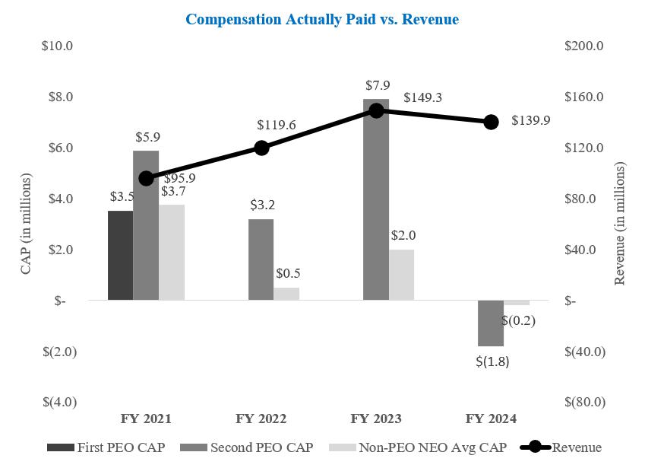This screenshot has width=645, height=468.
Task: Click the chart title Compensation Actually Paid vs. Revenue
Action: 322,20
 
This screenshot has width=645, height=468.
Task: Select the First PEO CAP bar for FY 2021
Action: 120,255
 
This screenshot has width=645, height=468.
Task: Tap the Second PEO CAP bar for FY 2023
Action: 376,199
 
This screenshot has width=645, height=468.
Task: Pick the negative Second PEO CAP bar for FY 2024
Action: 491,323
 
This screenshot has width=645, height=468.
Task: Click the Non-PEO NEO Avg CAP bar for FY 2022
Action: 286,294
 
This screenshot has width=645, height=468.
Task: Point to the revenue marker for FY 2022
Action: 261,148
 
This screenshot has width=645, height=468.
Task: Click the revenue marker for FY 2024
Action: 492,122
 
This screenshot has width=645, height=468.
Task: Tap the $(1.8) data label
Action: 492,362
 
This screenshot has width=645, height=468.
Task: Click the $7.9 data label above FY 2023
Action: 376,86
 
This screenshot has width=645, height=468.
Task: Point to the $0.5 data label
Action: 287,273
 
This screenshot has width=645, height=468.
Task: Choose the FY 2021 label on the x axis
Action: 146,419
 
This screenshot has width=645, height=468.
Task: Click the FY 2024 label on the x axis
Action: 491,419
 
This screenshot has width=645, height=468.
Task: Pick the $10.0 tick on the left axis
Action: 57,46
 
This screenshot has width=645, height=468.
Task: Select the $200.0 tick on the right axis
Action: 585,46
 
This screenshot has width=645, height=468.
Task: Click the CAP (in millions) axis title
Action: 27,224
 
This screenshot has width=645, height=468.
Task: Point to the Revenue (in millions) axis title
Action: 620,224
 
